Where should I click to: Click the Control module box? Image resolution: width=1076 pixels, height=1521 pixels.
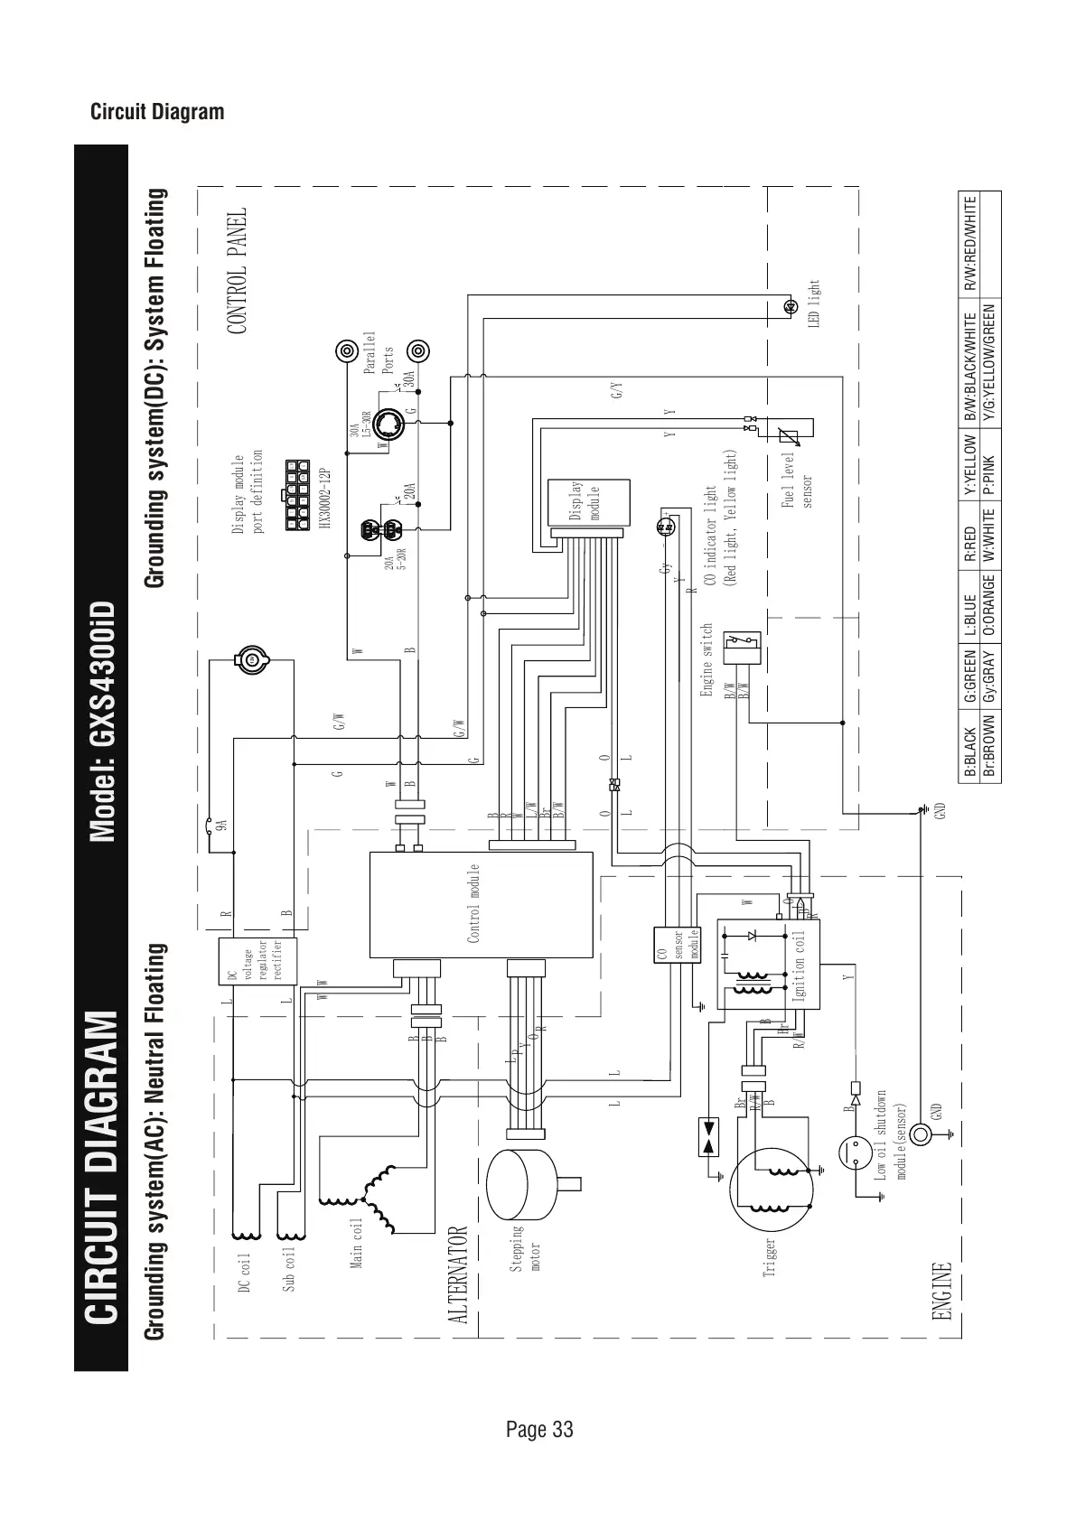[x=481, y=904]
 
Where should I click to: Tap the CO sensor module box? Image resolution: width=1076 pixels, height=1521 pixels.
[x=677, y=945]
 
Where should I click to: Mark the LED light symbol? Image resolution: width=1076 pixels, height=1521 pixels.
[x=789, y=305]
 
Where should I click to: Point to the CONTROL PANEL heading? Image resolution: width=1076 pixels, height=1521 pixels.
[x=237, y=272]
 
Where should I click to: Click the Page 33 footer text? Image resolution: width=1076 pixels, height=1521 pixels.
[x=539, y=1429]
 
